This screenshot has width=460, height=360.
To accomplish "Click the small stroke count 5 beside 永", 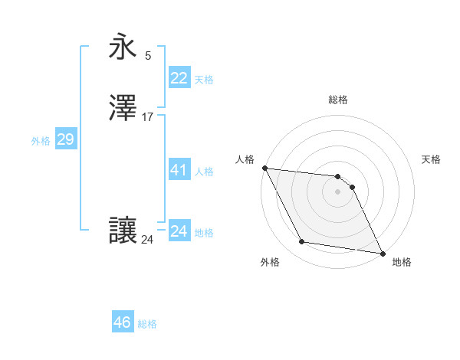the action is (x=148, y=55).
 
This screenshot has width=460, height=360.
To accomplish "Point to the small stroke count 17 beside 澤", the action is (x=148, y=117).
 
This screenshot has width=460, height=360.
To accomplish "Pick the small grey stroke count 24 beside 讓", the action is (x=147, y=240).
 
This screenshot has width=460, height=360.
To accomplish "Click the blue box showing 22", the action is (x=179, y=77).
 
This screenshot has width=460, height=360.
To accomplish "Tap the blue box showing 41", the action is (x=179, y=170).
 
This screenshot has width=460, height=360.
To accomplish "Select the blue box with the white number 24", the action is (x=179, y=231).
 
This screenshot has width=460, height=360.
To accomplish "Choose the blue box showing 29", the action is (x=65, y=139).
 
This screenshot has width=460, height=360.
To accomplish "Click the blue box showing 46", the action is (x=123, y=322).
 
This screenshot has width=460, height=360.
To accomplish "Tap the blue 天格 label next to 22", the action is (x=204, y=79).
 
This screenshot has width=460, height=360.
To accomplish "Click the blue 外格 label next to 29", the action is (x=41, y=141).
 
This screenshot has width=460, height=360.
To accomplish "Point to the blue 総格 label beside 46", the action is (x=147, y=324).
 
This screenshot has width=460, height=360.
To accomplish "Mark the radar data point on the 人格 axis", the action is (x=264, y=168).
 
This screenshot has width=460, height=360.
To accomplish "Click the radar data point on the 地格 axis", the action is (x=382, y=253).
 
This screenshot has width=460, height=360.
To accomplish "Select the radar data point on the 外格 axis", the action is (x=302, y=243).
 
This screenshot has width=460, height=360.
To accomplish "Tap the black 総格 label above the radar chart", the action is (x=337, y=100).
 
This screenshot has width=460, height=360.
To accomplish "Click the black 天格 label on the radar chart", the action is (x=431, y=159).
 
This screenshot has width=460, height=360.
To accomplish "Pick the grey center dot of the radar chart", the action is (x=337, y=191).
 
